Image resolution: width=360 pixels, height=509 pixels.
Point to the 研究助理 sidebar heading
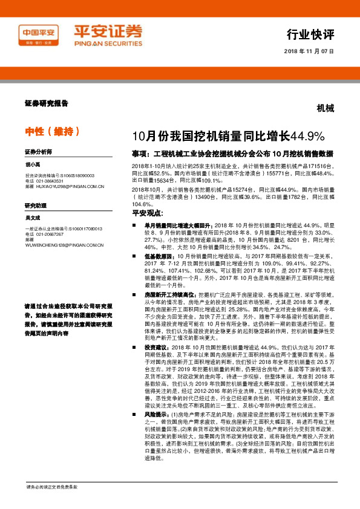click(36, 207)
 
